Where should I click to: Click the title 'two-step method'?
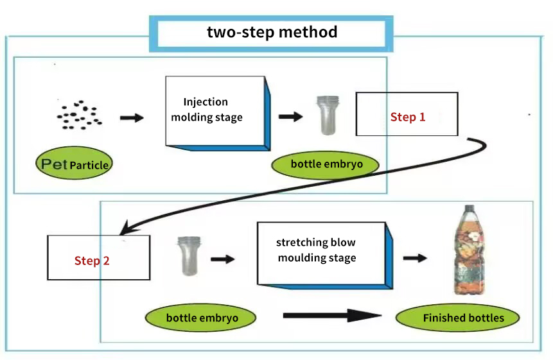tap(272, 33)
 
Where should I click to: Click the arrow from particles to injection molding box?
tap(132, 118)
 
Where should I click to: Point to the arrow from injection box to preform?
tap(290, 117)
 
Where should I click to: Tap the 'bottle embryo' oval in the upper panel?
tap(326, 164)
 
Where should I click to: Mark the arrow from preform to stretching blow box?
tap(223, 259)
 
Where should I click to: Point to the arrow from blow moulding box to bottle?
tap(415, 258)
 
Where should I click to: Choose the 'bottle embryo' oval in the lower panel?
tap(202, 318)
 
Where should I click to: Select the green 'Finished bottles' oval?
tap(463, 318)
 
